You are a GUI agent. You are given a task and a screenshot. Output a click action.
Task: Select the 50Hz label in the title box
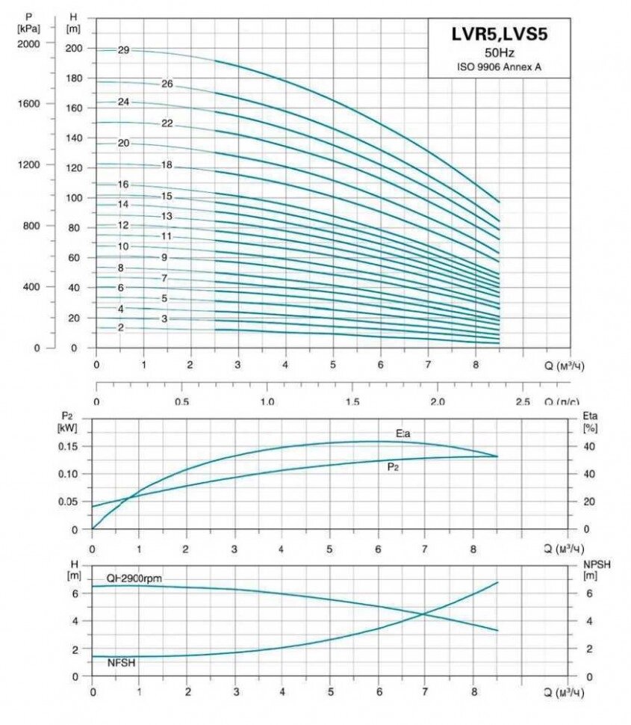(499, 52)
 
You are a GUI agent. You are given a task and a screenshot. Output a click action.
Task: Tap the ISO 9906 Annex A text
(499, 67)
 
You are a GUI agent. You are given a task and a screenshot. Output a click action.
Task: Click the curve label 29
(123, 50)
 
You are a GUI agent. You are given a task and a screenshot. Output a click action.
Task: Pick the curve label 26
(167, 84)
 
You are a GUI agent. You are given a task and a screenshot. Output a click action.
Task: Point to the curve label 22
(167, 123)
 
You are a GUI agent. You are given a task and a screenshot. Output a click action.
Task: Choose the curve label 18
(167, 164)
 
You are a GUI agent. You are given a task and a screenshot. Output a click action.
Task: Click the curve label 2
(120, 327)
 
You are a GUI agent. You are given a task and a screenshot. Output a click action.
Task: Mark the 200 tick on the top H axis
(75, 49)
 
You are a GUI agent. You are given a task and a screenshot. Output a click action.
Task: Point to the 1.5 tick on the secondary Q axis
(353, 401)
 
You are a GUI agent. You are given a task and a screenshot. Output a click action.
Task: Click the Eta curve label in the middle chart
(404, 434)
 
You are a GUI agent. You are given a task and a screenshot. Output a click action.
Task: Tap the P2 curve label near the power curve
(392, 467)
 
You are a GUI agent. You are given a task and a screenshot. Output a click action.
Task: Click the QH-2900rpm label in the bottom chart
(134, 579)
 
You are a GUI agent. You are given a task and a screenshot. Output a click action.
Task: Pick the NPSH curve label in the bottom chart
(121, 662)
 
